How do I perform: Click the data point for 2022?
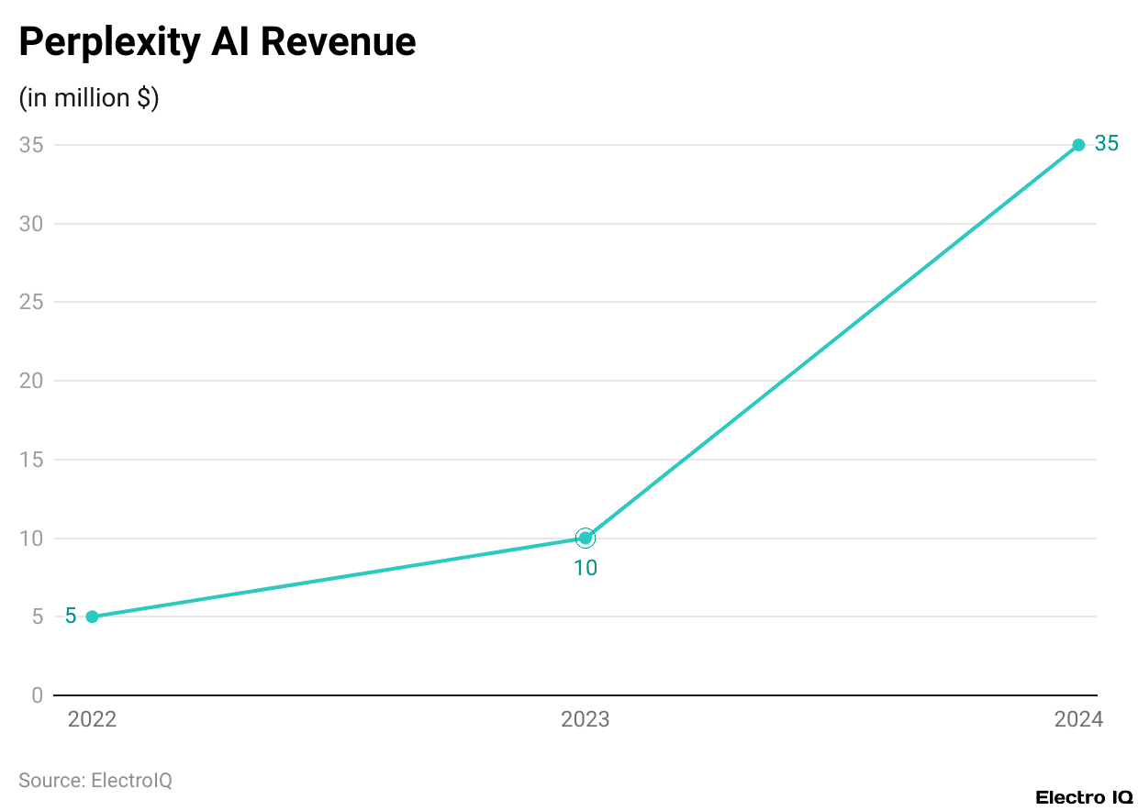point(92,617)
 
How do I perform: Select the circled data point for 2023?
point(586,538)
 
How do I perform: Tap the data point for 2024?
point(1078,145)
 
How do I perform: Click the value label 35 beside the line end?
point(1106,144)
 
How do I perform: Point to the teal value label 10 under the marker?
point(586,568)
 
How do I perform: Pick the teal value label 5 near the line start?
point(71,617)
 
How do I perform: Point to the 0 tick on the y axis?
point(37,695)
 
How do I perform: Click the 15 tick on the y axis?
point(31,460)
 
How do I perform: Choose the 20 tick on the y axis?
point(31,381)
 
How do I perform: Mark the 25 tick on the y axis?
point(31,302)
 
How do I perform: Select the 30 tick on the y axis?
point(31,224)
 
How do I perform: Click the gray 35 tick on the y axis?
point(31,145)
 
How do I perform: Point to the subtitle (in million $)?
point(89,98)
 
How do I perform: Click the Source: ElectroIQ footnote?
point(95,780)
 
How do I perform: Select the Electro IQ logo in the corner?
point(1084,797)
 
